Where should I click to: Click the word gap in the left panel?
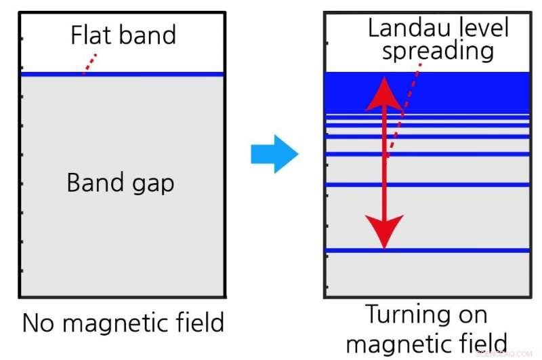click(x=151, y=184)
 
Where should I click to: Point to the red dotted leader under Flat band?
click(x=89, y=63)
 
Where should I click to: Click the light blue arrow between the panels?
click(x=274, y=154)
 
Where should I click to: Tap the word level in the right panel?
click(x=482, y=28)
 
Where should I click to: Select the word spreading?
click(x=438, y=52)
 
